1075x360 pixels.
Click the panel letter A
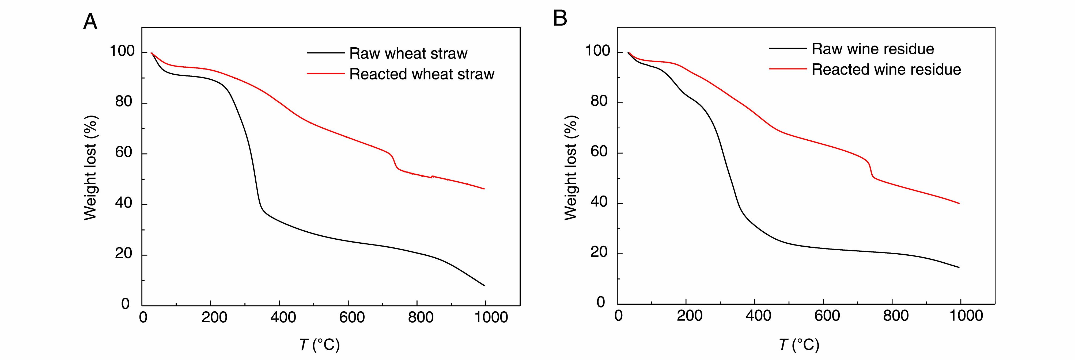[90, 22]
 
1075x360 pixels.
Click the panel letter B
[560, 19]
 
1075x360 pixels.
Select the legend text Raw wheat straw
[408, 53]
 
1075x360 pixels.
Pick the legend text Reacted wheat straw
[422, 74]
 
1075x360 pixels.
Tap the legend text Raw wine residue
[873, 49]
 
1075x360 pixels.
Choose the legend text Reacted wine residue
[886, 70]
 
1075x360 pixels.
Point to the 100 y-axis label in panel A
[122, 51]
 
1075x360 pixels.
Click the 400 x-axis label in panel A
[283, 317]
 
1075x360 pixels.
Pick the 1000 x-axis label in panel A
[491, 317]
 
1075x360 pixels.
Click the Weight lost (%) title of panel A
[90, 168]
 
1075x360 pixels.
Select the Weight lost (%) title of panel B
[570, 168]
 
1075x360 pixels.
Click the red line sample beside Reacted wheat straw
[325, 74]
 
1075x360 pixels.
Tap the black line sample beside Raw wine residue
[788, 49]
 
